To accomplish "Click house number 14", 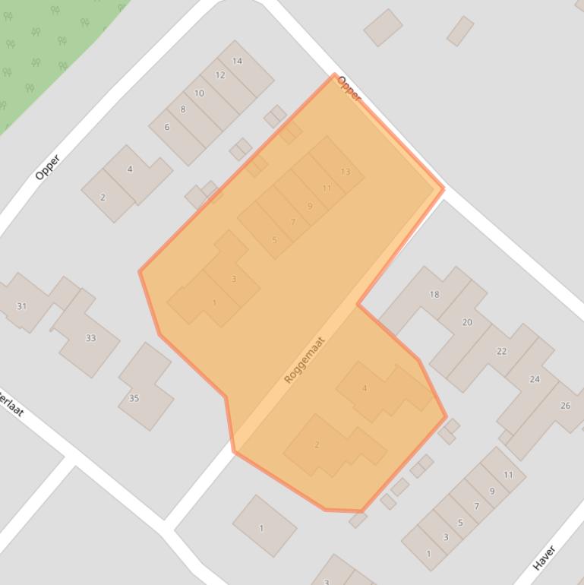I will [238, 61].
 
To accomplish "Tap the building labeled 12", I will [220, 75].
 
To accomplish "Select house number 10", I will [199, 93].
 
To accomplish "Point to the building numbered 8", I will [183, 109].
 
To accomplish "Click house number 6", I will [167, 127].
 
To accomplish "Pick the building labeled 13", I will [346, 172].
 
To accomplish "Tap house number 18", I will [434, 294].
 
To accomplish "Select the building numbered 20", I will [467, 322].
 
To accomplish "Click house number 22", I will [501, 351].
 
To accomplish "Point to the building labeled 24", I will [535, 379].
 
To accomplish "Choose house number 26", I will [565, 406].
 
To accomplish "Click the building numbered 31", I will [21, 306].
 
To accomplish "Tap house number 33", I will [90, 338].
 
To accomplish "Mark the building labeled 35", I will [134, 398].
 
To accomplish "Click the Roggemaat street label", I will [305, 359].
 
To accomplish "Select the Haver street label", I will [545, 558].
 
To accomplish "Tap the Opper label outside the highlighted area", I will [47, 167].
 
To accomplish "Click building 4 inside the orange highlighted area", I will [365, 388].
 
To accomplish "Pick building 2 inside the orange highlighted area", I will [317, 444].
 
